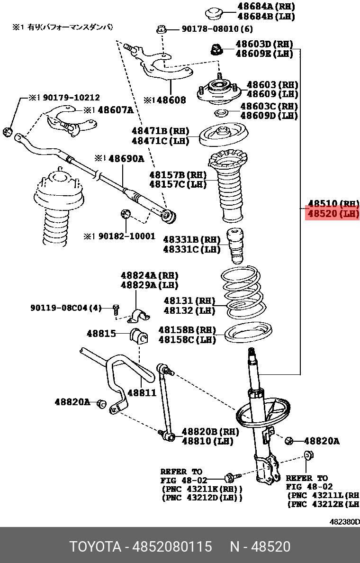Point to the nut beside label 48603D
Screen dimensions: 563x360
pos(217,48)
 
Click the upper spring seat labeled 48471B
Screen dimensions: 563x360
pos(223,136)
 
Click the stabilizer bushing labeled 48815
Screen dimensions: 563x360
pos(139,336)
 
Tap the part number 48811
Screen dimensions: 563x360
pos(142,392)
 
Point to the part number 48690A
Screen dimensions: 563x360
pos(126,159)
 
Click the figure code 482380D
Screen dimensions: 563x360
pos(344,522)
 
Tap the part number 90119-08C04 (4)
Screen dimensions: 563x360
pos(66,308)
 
